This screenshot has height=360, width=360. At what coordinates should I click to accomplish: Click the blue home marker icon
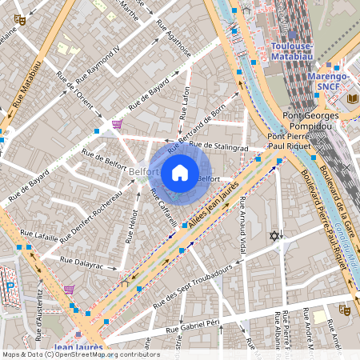coord(179,172)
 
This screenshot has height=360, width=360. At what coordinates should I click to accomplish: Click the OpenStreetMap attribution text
coord(80,354)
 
